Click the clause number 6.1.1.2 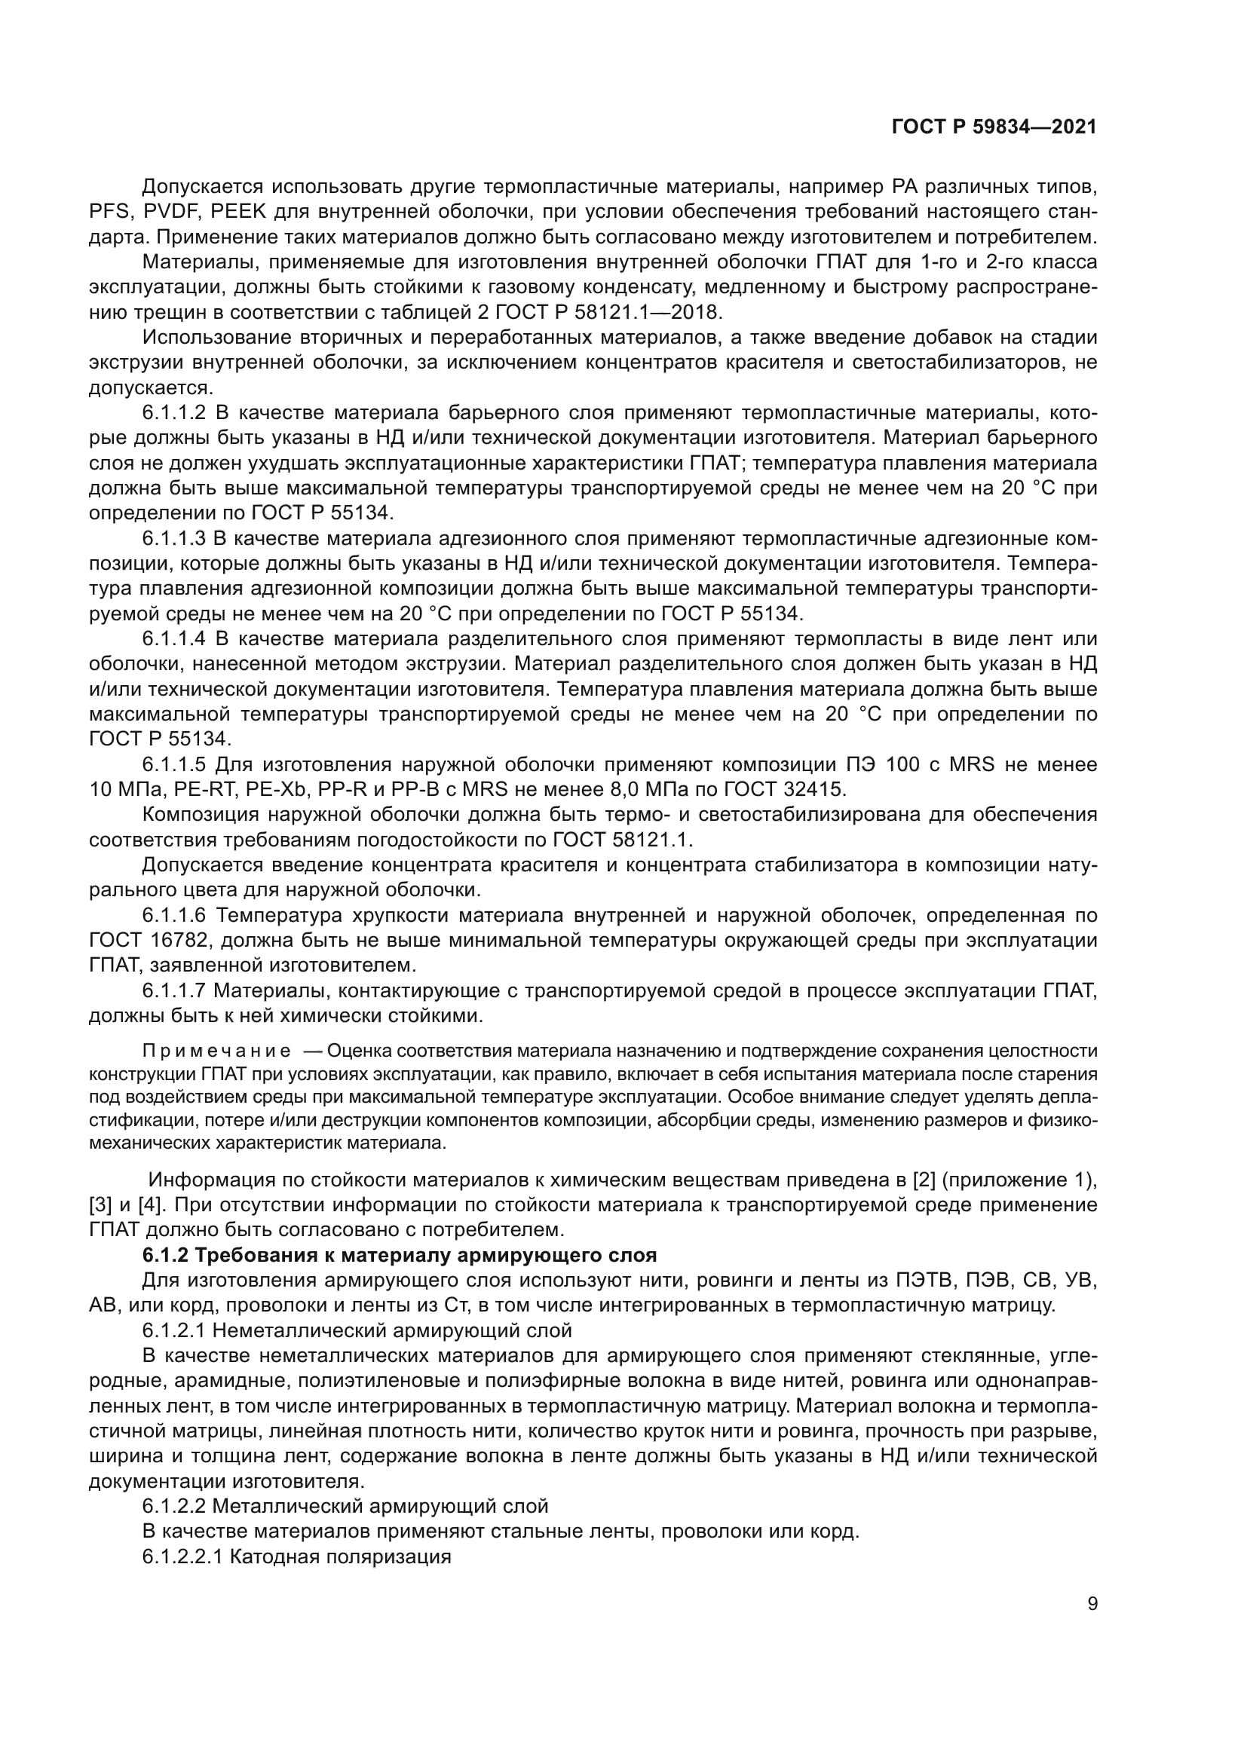click(174, 413)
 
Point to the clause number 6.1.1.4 click(174, 639)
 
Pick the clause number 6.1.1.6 click(174, 915)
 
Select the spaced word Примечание click(216, 1051)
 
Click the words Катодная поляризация click(339, 1557)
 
